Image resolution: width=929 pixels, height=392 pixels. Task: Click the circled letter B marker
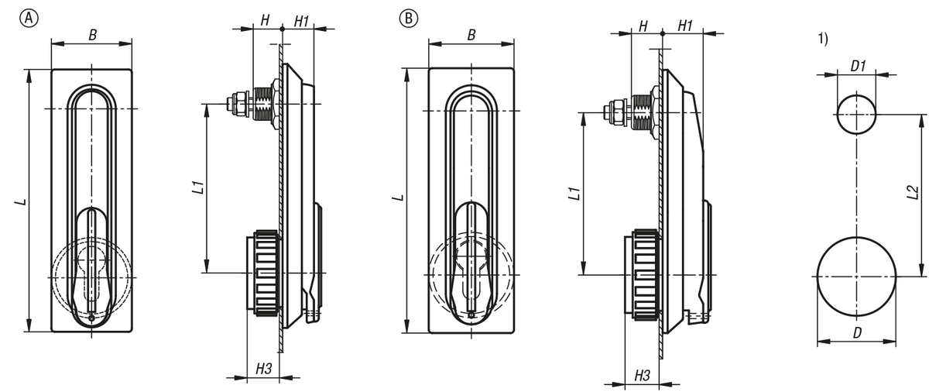click(407, 18)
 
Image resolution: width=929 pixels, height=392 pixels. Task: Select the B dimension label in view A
click(92, 34)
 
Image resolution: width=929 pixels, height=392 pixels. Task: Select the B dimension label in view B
click(471, 35)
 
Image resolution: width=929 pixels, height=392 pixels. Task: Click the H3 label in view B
click(641, 374)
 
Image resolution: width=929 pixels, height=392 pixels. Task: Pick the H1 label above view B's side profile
click(684, 26)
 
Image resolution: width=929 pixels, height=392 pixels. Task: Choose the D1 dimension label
click(857, 66)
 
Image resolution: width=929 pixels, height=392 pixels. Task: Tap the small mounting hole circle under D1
click(857, 113)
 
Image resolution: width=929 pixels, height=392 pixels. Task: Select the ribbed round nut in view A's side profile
click(262, 271)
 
